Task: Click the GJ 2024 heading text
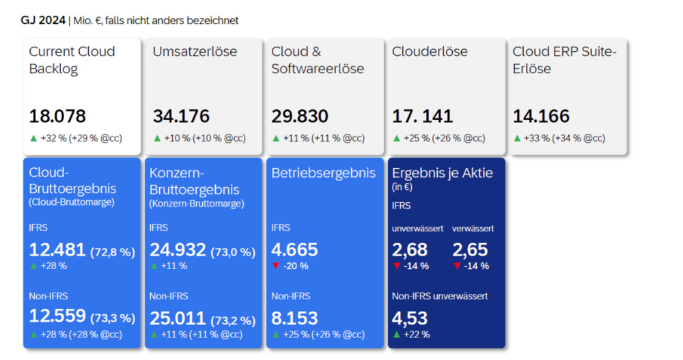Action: coord(43,20)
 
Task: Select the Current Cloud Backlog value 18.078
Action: coord(57,116)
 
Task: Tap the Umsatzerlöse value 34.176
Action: coord(181,116)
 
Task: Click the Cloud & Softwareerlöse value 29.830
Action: coord(300,116)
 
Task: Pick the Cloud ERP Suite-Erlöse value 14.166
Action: coord(541,116)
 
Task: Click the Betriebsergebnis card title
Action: coord(324,173)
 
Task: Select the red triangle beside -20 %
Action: coord(275,266)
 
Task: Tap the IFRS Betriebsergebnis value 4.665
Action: coord(294,249)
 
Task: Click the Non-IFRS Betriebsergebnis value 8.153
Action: coord(294,317)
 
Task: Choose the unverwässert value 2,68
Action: coord(410,249)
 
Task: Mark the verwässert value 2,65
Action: coord(470,249)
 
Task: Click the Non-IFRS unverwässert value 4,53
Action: coord(410,318)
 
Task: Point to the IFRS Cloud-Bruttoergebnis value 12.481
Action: coord(57,250)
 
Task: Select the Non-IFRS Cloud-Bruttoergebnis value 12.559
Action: coord(57,316)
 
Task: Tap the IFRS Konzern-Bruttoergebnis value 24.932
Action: coord(178,250)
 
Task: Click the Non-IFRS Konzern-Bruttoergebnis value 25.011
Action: coord(178,318)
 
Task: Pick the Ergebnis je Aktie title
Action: coord(442,173)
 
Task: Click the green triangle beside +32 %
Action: coord(33,138)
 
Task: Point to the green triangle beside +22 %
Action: coord(396,334)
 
